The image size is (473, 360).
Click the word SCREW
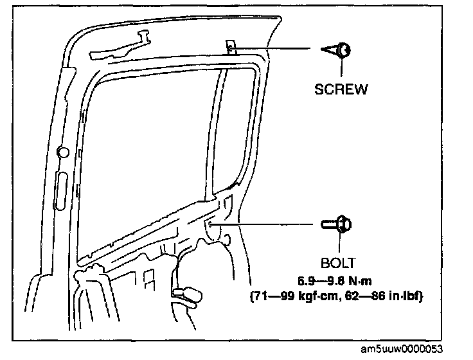pyautogui.click(x=341, y=89)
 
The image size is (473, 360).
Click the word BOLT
pyautogui.click(x=338, y=263)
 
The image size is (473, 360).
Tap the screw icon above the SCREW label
pyautogui.click(x=337, y=50)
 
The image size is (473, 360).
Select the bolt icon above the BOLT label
pyautogui.click(x=337, y=224)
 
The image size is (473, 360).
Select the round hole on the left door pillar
pyautogui.click(x=64, y=153)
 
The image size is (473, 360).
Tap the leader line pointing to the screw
pyautogui.click(x=276, y=48)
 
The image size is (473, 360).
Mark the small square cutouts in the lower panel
pyautogui.click(x=149, y=278)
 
